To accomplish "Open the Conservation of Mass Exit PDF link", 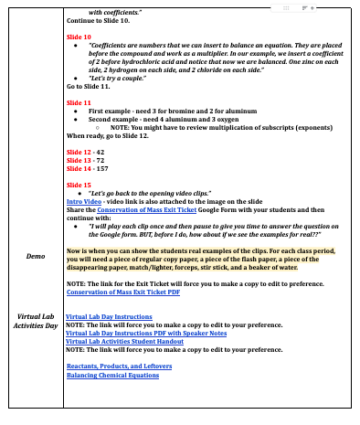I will pos(123,292).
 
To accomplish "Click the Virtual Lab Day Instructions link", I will pos(109,316).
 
